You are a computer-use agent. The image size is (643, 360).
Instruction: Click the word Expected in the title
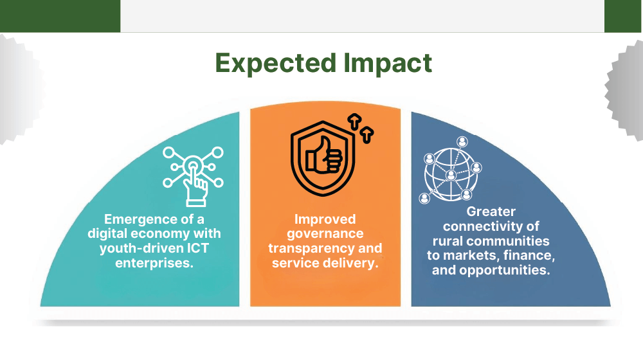pos(276,64)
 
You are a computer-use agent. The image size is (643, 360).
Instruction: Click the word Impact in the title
pos(388,63)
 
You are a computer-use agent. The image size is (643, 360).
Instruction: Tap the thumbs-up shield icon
pos(323,158)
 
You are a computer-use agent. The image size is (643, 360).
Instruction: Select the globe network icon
pos(451,170)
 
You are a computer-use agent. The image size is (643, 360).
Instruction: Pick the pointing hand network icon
pos(193,176)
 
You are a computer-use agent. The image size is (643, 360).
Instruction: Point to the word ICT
pos(198,248)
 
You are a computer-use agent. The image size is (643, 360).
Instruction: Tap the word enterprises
pos(154,263)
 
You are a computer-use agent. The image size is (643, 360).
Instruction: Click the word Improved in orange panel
pos(325,220)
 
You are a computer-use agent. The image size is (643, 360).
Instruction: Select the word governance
pos(325,234)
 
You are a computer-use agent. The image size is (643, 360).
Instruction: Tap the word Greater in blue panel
pos(491,212)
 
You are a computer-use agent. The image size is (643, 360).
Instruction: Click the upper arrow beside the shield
pos(354,122)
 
